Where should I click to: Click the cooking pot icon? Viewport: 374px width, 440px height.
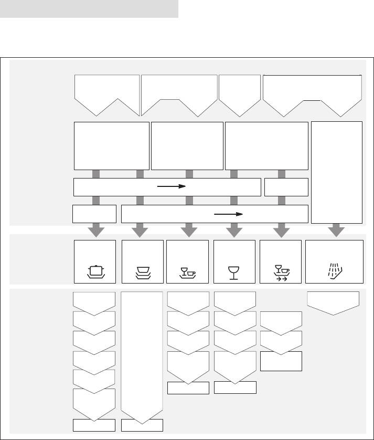coord(95,271)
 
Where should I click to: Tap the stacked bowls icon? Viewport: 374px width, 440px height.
coord(142,272)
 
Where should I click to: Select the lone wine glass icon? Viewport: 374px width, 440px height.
coord(234,272)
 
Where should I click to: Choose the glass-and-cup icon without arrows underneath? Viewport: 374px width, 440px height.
coord(187,272)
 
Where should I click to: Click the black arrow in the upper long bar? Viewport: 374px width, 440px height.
coord(172,186)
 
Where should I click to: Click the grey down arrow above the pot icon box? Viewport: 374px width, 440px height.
coord(95,230)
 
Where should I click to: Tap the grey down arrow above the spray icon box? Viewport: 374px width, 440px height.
coord(337,230)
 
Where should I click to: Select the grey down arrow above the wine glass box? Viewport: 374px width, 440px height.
coord(234,230)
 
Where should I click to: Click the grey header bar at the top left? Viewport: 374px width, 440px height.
coord(89,9)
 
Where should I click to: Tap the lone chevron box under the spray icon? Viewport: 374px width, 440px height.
coord(333,302)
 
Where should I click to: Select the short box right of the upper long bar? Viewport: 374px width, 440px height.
coord(286,187)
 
